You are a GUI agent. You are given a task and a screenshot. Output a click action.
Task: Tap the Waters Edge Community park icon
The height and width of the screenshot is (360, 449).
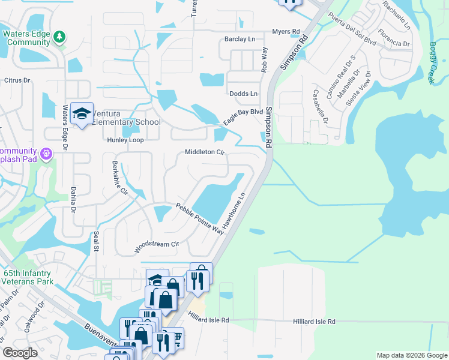click(x=59, y=38)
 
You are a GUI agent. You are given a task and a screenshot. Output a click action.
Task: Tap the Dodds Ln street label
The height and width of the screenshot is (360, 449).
click(x=243, y=94)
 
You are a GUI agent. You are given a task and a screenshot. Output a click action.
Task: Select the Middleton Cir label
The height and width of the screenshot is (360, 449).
click(x=204, y=152)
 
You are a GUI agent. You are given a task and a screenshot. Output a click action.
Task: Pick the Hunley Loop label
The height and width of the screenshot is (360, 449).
click(x=125, y=140)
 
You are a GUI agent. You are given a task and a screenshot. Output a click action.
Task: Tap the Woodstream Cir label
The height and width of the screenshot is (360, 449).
click(x=157, y=245)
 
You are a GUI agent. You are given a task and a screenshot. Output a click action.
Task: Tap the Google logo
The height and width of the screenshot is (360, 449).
click(x=20, y=353)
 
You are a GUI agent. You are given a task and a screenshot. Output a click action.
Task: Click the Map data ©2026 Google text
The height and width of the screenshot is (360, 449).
click(x=411, y=355)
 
